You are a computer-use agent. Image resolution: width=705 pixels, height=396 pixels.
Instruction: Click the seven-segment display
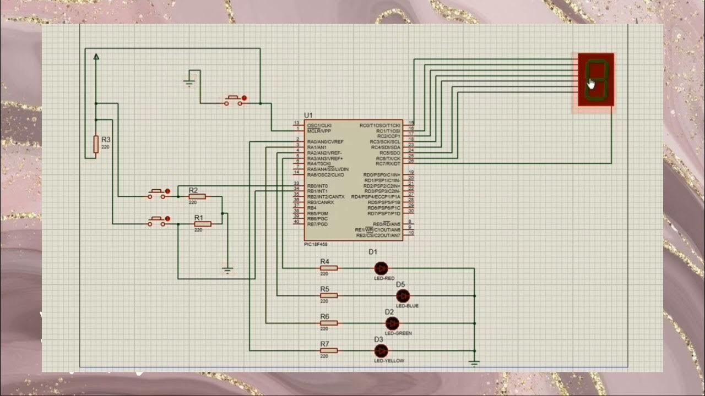click(x=596, y=80)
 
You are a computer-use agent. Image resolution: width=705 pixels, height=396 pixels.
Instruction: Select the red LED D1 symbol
click(x=381, y=268)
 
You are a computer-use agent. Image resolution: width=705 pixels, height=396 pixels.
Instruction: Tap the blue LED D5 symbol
click(x=403, y=296)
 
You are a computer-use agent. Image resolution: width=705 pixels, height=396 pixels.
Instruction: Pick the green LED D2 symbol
click(x=392, y=323)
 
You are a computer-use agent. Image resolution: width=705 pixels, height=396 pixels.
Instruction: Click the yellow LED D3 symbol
click(x=381, y=351)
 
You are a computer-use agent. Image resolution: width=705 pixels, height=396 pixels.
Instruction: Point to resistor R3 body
click(x=96, y=144)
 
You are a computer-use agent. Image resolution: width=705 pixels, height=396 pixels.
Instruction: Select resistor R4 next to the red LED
click(x=329, y=268)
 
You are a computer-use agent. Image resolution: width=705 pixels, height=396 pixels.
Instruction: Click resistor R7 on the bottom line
click(x=329, y=351)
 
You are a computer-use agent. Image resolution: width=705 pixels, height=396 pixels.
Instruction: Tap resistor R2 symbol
click(x=197, y=196)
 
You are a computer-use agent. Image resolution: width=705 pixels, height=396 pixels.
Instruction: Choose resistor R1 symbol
click(x=202, y=224)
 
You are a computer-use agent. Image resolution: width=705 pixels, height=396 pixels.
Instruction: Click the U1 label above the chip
click(x=308, y=115)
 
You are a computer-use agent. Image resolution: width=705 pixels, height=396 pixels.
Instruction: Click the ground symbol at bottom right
click(x=474, y=362)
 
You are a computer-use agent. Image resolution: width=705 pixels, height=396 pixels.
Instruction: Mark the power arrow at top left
click(x=96, y=56)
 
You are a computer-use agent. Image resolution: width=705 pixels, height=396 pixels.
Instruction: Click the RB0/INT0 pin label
click(x=317, y=186)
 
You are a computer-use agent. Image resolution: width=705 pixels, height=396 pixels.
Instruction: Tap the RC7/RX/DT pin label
click(x=388, y=163)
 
